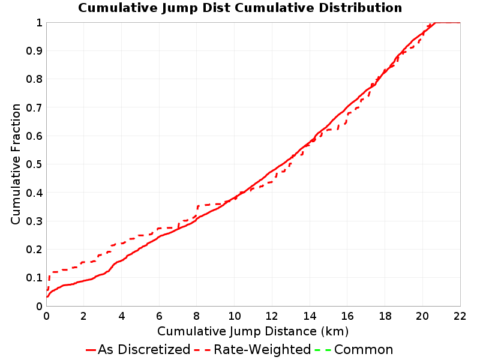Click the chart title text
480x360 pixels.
[x=240, y=8]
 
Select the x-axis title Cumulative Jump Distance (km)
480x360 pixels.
[x=253, y=331]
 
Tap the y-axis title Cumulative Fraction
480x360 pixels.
[x=16, y=164]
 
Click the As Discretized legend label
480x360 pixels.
[x=144, y=349]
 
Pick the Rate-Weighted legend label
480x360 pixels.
[x=262, y=349]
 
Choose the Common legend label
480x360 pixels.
[x=364, y=349]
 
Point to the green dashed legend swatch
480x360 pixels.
[x=322, y=350]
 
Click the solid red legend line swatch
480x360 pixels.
[x=91, y=350]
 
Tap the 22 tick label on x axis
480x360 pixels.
[x=460, y=316]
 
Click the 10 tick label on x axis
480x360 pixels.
[x=234, y=316]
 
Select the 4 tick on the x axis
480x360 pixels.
[x=122, y=316]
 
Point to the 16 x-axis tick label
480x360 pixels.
[x=347, y=316]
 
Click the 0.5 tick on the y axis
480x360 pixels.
[x=34, y=164]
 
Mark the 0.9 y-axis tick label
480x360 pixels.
[x=34, y=50]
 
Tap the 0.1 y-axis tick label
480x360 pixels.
[x=34, y=278]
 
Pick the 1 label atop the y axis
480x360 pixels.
[x=39, y=22]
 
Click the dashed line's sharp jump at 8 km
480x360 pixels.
[x=197, y=211]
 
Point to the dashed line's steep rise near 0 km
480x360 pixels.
[x=49, y=281]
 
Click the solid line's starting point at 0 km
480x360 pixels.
[x=47, y=296]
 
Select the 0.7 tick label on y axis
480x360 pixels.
[x=34, y=107]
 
